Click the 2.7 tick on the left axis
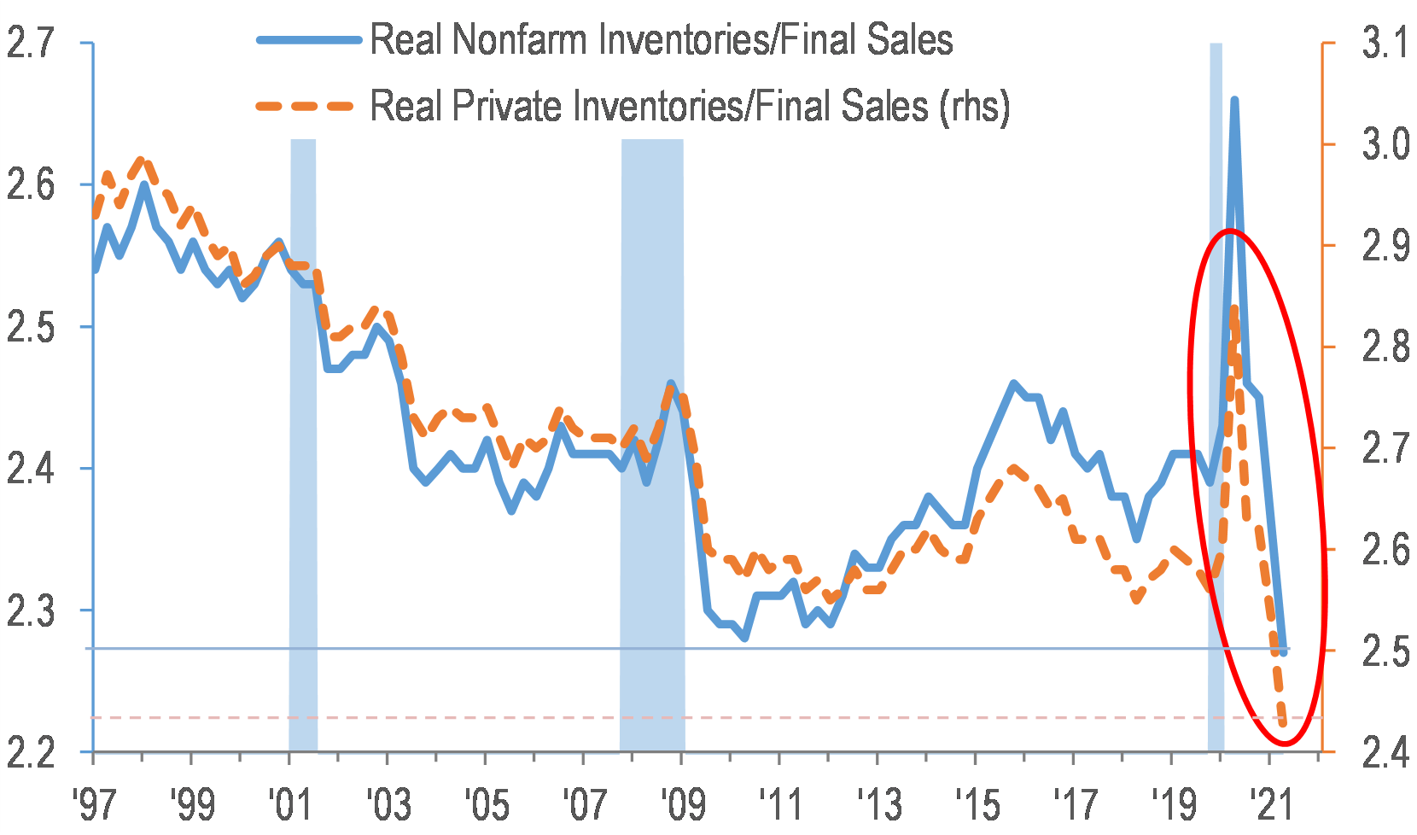point(31,43)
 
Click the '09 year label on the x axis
point(682,803)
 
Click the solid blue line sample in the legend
point(307,40)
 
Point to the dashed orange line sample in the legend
point(307,106)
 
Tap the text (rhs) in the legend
point(974,106)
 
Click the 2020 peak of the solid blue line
point(1234,101)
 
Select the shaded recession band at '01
point(303,444)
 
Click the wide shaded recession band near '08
point(652,444)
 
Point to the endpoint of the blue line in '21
point(1283,652)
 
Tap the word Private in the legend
point(507,106)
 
